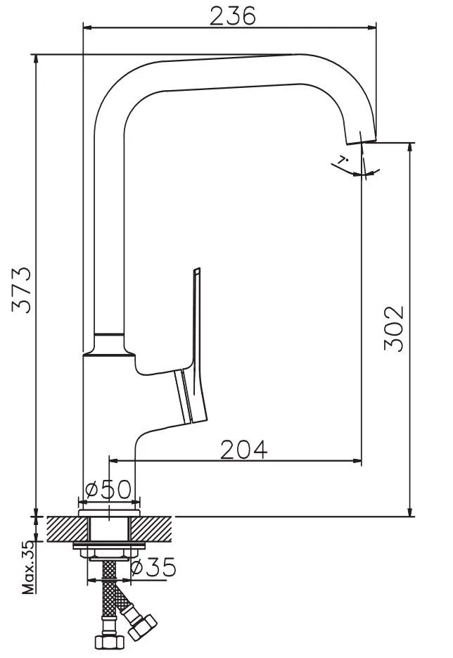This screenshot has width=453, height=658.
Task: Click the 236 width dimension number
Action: (x=232, y=16)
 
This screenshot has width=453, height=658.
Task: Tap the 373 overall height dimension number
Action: (x=22, y=289)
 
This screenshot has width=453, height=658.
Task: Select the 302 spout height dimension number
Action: (x=394, y=328)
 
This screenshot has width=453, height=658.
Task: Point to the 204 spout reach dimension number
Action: (x=243, y=450)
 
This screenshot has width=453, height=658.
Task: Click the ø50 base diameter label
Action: (x=108, y=489)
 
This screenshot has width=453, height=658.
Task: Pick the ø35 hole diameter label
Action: (x=153, y=568)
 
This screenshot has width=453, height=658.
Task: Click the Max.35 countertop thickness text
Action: (x=28, y=567)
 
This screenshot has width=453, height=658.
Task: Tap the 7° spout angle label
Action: (x=343, y=160)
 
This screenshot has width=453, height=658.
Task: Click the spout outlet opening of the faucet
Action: (x=361, y=142)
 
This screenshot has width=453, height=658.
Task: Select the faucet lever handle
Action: (x=192, y=348)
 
